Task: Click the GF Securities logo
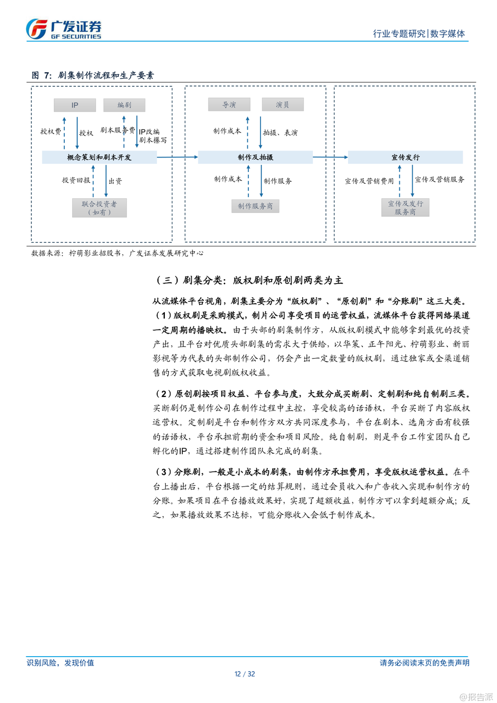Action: click(64, 29)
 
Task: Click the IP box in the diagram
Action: click(75, 105)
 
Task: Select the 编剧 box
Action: click(124, 105)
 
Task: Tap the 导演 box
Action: click(229, 105)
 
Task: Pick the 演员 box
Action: click(282, 105)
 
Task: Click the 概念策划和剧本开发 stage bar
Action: click(99, 157)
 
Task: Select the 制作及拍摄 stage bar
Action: click(255, 157)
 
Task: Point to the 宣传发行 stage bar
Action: click(405, 157)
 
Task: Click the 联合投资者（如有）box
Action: click(99, 208)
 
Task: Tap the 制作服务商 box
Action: click(255, 206)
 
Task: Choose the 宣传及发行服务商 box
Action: click(405, 208)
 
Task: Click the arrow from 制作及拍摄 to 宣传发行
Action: click(330, 157)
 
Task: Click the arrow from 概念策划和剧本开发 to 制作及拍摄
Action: click(177, 157)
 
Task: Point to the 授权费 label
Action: click(51, 132)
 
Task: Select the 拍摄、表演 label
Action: click(280, 133)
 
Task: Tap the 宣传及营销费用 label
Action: click(369, 181)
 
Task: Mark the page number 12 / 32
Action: click(245, 674)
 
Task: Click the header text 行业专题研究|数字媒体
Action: click(419, 34)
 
